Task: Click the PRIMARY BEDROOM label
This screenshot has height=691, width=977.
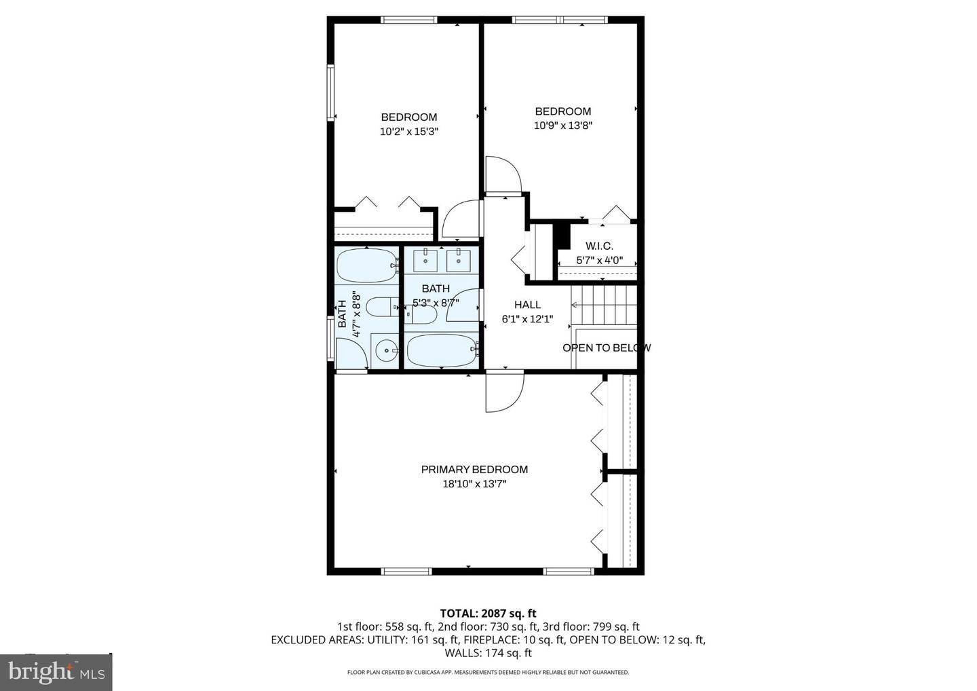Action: [474, 469]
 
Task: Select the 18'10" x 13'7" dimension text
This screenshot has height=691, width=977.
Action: [474, 484]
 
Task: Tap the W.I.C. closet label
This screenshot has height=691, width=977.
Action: [599, 246]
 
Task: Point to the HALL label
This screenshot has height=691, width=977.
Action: [527, 305]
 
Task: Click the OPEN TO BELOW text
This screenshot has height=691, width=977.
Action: [606, 348]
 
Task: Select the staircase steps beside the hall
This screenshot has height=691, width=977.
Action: [604, 305]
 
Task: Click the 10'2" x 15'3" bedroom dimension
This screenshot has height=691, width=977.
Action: [408, 132]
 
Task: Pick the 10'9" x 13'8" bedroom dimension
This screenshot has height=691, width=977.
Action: [563, 126]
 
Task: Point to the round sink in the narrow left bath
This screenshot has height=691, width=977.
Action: [387, 351]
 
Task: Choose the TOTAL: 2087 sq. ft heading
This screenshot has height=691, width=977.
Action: [488, 614]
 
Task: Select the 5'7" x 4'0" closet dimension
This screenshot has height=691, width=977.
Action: [599, 260]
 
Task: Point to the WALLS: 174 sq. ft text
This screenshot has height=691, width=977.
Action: [488, 653]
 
